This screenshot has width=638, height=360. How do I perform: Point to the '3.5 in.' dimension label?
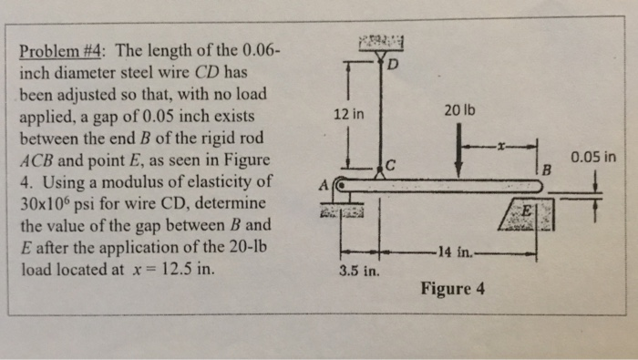pos(356,272)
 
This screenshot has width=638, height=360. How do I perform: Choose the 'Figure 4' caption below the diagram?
pos(453,289)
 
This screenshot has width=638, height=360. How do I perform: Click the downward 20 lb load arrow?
pos(459,150)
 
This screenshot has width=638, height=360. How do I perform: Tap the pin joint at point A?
pos(338,185)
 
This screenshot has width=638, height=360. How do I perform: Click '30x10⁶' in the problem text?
pos(59,201)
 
